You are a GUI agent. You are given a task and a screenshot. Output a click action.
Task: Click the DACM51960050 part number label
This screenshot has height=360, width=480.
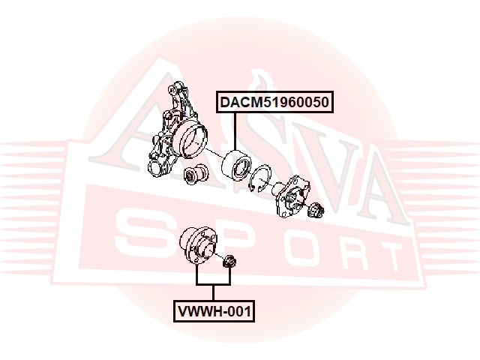tap(275, 102)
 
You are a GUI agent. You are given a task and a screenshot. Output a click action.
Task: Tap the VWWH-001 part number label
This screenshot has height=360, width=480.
tap(214, 310)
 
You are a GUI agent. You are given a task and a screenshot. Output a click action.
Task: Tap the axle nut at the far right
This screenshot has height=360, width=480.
tap(315, 210)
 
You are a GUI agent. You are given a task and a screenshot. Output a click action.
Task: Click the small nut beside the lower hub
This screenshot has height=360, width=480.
tap(231, 262)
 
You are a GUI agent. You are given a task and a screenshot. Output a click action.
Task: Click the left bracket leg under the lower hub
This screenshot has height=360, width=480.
tap(198, 277)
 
